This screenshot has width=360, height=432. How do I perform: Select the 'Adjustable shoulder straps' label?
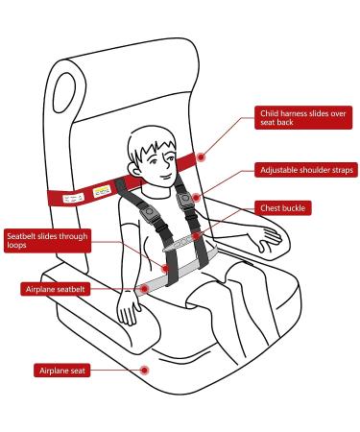click(306, 170)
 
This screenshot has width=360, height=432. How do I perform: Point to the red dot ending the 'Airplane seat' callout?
click(143, 369)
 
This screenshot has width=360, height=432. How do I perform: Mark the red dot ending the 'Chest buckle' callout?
click(198, 232)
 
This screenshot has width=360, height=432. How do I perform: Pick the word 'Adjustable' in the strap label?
click(279, 170)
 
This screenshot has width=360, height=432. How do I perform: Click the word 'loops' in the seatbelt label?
click(18, 245)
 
